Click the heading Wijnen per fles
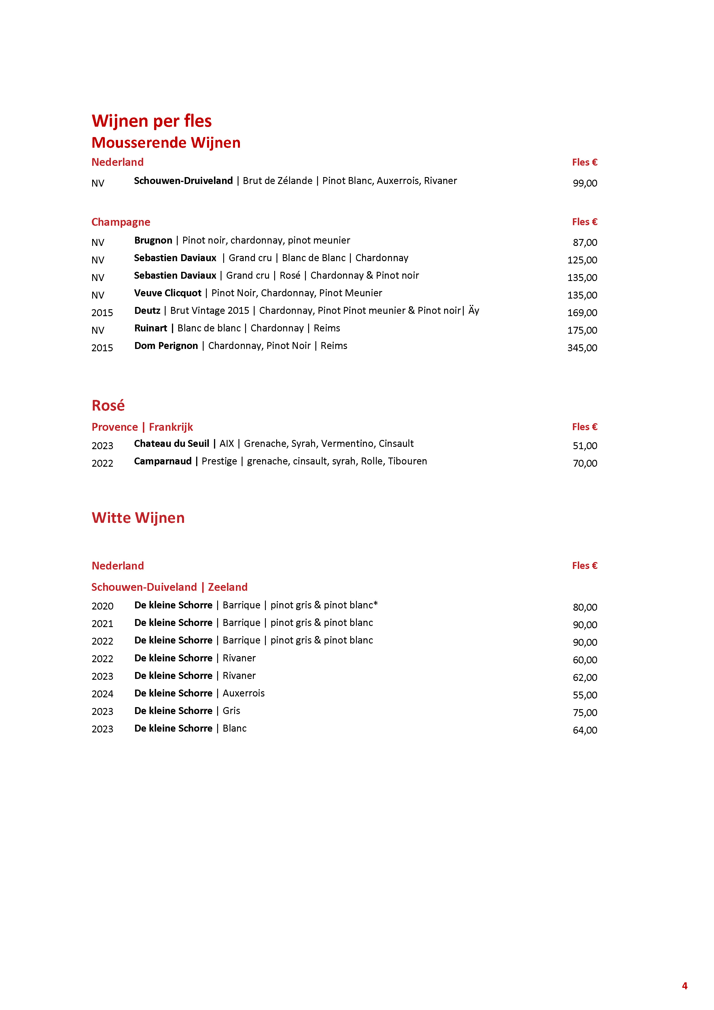[x=151, y=121]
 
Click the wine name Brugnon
[x=153, y=240]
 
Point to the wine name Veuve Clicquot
[x=168, y=293]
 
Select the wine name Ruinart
[x=150, y=328]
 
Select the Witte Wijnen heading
[x=138, y=518]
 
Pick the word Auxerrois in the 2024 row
[x=243, y=693]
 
